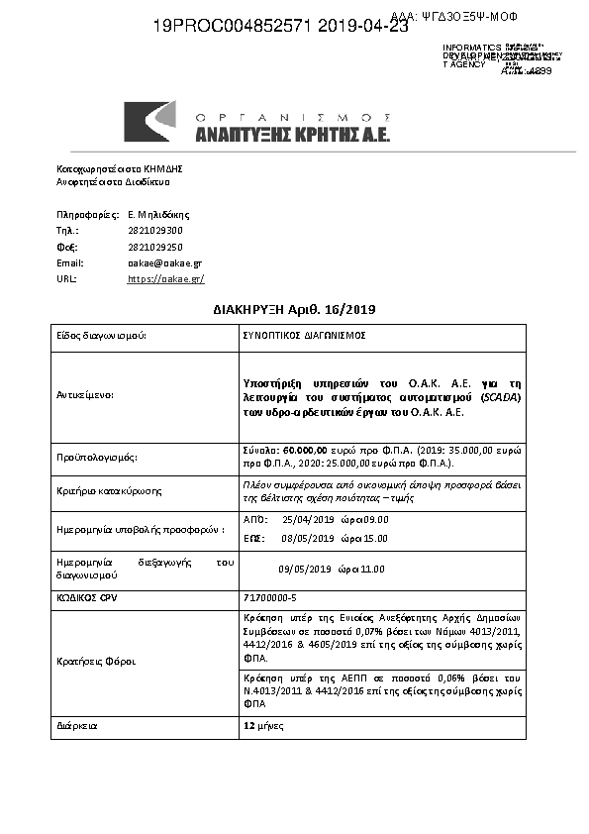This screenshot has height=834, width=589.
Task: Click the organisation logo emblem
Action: coord(150,122)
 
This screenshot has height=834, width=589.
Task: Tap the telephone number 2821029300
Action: coord(155,231)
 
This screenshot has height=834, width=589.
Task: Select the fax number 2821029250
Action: coord(155,247)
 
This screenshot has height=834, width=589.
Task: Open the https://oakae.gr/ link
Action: coord(165,279)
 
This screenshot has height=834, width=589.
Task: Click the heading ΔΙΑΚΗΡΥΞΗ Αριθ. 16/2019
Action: coord(295,310)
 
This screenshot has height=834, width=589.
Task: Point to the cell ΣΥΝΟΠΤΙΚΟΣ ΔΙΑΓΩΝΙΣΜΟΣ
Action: coord(304,336)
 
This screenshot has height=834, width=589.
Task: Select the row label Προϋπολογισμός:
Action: coord(96,458)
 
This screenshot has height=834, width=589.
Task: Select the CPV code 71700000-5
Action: coord(270,599)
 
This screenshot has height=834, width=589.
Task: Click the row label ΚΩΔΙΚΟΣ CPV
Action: coord(84,599)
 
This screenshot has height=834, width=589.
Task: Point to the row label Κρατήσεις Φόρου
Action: coord(95,662)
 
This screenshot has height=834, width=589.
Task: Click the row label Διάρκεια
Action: coord(75,726)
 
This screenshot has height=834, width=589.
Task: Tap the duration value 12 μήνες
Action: coord(264,726)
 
